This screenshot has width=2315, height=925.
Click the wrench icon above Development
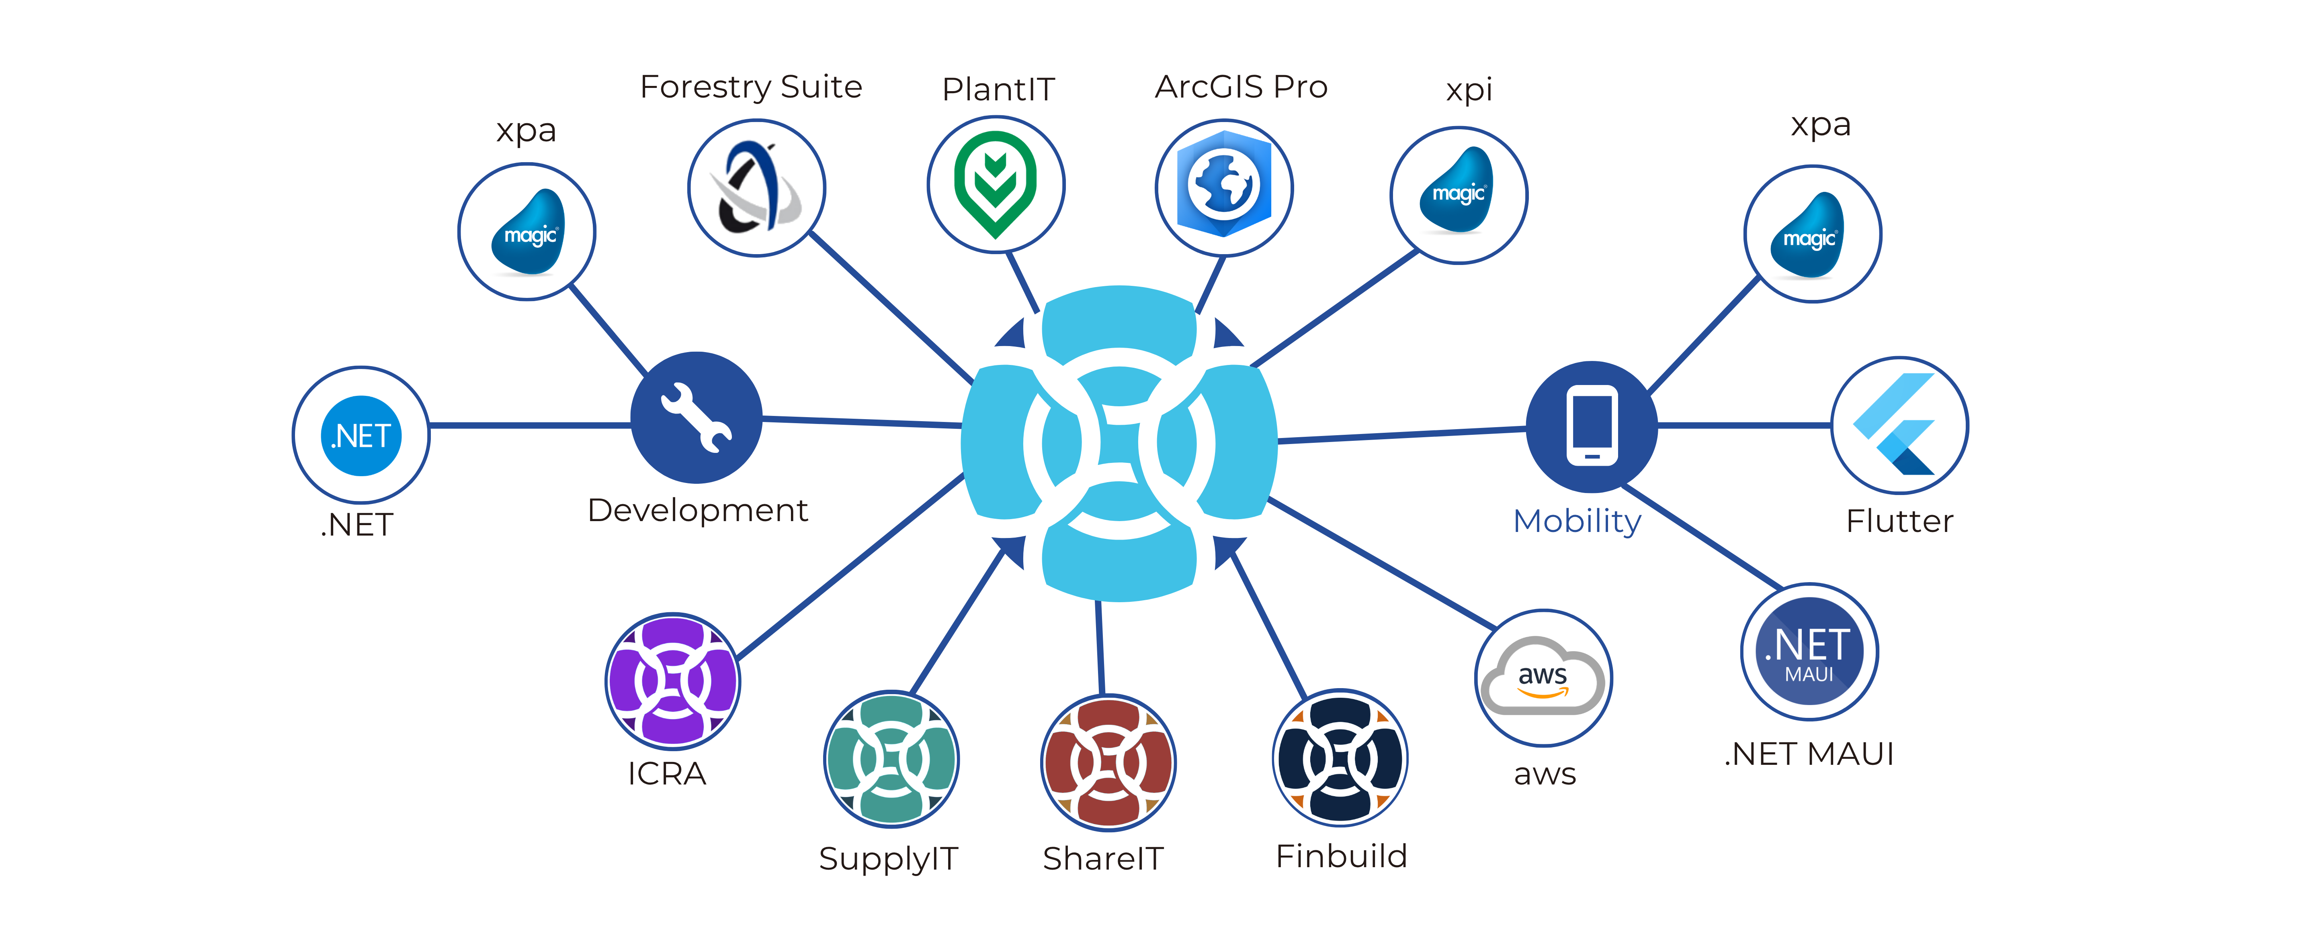point(697,418)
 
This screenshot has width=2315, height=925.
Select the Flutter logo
point(1899,425)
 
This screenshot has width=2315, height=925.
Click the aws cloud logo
point(1543,678)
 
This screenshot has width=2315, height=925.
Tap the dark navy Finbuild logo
point(1340,759)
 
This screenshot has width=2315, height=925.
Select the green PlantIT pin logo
point(996,186)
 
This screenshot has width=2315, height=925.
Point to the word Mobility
point(1577,521)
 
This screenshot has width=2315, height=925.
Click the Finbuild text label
point(1341,856)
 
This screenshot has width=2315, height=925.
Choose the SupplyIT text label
point(888,858)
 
